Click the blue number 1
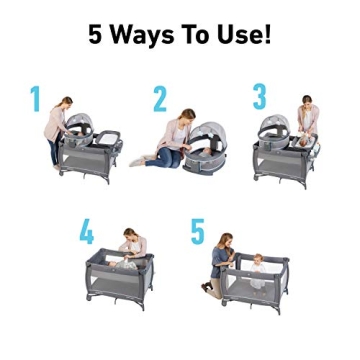pyautogui.click(x=36, y=101)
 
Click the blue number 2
pyautogui.click(x=160, y=100)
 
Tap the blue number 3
pyautogui.click(x=260, y=97)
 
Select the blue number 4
pyautogui.click(x=87, y=232)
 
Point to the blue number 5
pyautogui.click(x=197, y=232)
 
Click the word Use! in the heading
pyautogui.click(x=245, y=36)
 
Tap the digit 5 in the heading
pyautogui.click(x=96, y=36)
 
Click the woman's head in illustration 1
pyautogui.click(x=67, y=104)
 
